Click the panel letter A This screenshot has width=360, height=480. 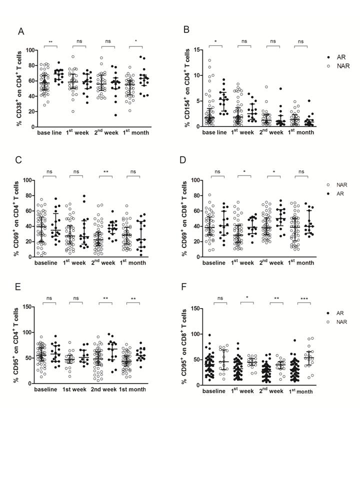[21, 31]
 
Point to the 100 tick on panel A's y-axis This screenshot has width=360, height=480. [31, 50]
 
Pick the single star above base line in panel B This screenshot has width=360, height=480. [215, 41]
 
